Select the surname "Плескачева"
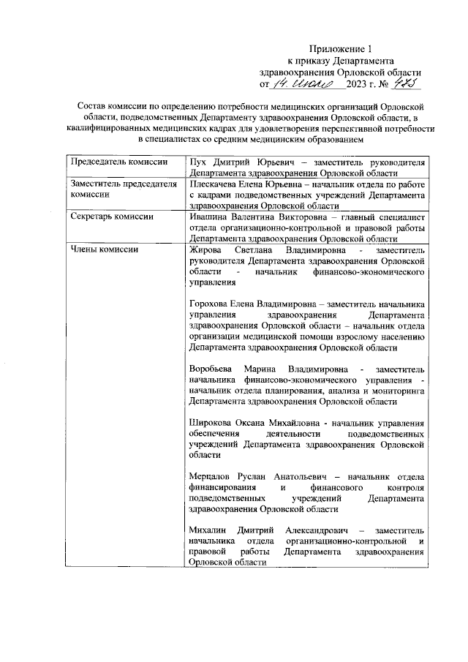(x=214, y=185)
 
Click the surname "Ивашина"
(x=208, y=217)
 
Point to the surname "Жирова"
(x=205, y=249)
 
